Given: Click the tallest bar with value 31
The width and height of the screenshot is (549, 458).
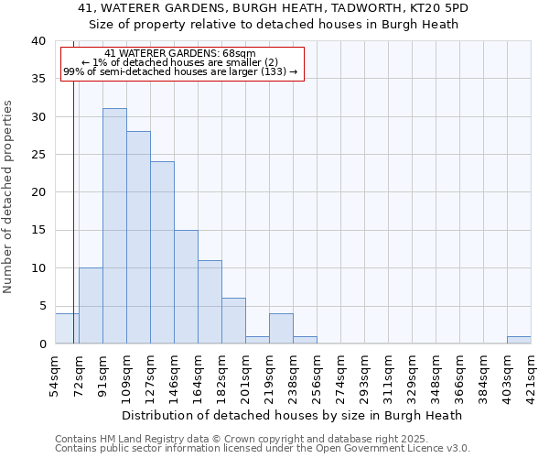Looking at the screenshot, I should [x=114, y=226].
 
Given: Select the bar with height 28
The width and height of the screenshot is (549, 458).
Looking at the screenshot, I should [x=138, y=237].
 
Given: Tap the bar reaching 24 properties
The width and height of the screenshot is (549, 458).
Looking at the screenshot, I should [x=162, y=253].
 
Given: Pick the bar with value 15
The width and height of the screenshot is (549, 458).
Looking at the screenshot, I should [x=186, y=287].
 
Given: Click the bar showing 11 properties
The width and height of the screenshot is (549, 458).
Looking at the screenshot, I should [x=210, y=302].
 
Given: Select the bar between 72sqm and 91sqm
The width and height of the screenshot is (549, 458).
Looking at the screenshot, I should [x=91, y=306].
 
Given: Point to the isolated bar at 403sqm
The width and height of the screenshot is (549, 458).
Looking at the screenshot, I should [x=519, y=340].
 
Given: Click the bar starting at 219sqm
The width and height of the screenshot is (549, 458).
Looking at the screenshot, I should [x=281, y=329].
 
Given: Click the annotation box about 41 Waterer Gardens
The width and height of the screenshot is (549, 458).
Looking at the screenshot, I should [x=181, y=63].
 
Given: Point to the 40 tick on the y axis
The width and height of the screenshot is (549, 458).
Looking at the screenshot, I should [x=38, y=41].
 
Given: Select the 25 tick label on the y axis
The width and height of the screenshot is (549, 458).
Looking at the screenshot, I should [x=38, y=155].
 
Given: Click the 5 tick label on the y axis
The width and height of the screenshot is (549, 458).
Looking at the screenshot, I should [x=41, y=306].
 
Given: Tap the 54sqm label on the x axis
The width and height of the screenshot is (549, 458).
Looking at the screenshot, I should [x=55, y=374].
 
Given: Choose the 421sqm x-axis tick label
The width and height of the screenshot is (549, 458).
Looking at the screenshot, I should [x=531, y=374].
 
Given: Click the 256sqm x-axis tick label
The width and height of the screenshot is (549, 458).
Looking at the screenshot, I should [x=317, y=374].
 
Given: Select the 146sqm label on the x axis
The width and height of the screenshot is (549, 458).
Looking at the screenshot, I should [x=174, y=374].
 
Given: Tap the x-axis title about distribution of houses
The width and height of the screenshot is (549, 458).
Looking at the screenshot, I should [x=292, y=415].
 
